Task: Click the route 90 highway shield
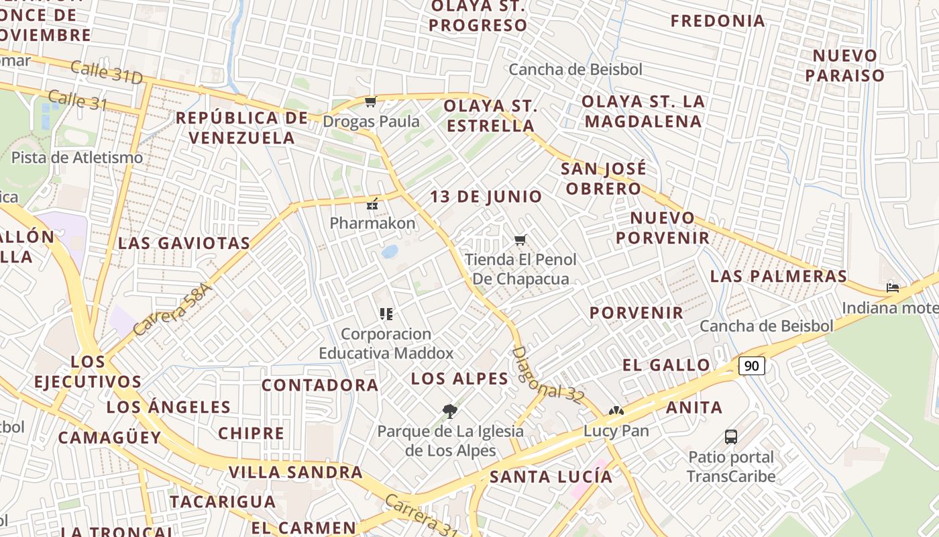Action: (x=752, y=366)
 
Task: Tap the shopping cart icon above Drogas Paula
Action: (x=370, y=102)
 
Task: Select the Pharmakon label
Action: (x=372, y=223)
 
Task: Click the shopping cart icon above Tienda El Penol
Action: (x=520, y=240)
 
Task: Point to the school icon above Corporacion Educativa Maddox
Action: (x=386, y=313)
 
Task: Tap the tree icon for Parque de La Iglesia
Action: (x=450, y=411)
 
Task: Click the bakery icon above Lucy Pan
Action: (x=616, y=411)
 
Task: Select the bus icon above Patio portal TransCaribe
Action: (x=731, y=437)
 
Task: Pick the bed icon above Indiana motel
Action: (x=893, y=287)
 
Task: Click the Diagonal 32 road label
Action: (x=547, y=375)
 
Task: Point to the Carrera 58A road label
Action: (x=172, y=309)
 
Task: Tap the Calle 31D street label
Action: (x=107, y=72)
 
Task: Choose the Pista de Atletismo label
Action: (x=77, y=158)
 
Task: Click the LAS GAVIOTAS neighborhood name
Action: (x=184, y=243)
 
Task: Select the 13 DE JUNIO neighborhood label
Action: (x=486, y=197)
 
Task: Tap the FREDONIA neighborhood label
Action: (x=718, y=21)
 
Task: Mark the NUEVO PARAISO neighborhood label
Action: (x=845, y=65)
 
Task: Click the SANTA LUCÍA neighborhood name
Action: (x=551, y=477)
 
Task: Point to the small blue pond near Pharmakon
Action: (x=390, y=252)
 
